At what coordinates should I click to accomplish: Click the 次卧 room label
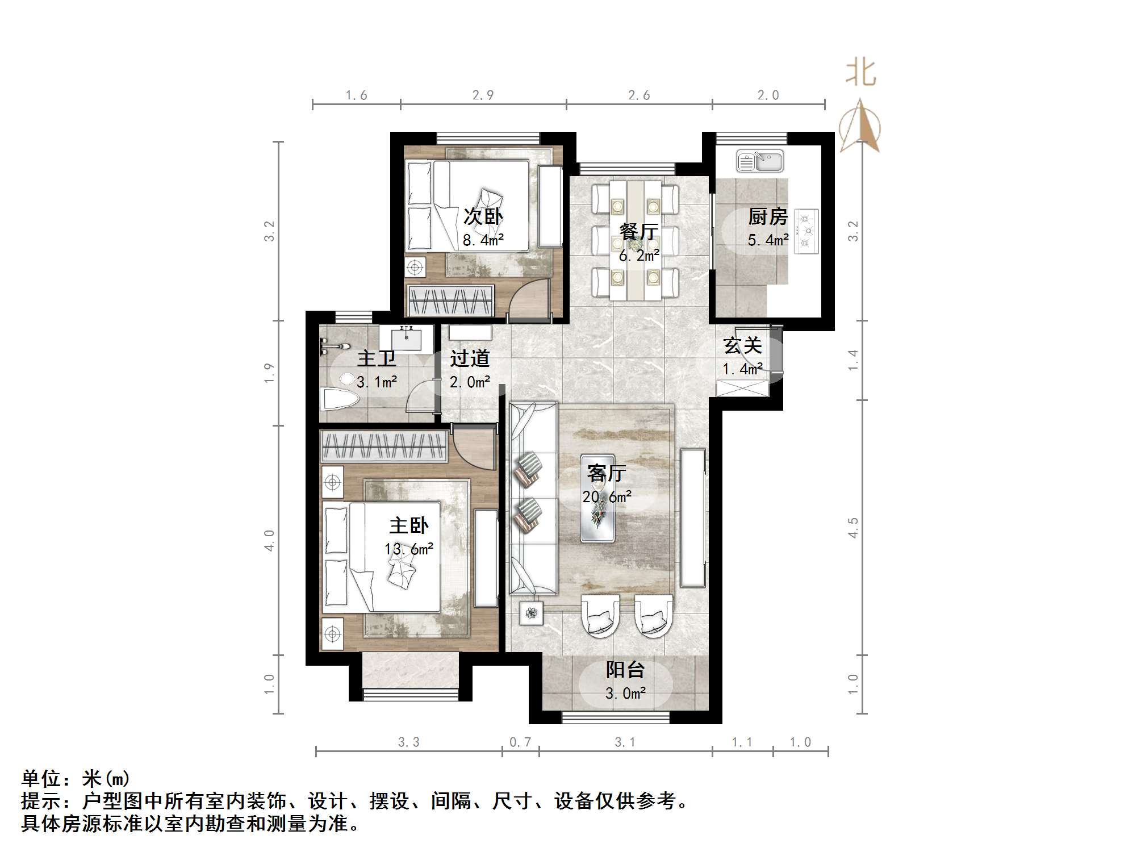tap(483, 216)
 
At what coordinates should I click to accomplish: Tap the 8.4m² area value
tap(483, 240)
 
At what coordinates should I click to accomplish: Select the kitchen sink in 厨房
tap(759, 161)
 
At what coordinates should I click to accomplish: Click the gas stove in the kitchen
tap(806, 231)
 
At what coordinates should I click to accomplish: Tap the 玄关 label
tap(742, 345)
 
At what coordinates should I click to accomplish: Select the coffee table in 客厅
tap(597, 498)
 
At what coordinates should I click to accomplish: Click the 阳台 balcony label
tap(625, 670)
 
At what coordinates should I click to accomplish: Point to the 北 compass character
tap(860, 74)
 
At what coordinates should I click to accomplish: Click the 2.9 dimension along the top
tap(483, 95)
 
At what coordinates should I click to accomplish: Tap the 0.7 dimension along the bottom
tap(520, 742)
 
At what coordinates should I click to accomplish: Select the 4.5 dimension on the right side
tap(853, 527)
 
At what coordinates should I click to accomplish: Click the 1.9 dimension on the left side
tap(269, 373)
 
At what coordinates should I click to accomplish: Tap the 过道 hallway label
tap(470, 358)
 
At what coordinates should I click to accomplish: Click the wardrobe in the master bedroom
tap(384, 446)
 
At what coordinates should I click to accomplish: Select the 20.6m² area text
tap(607, 497)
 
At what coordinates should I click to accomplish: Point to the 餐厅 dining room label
tap(638, 232)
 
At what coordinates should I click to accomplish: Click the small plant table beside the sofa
tap(532, 613)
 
